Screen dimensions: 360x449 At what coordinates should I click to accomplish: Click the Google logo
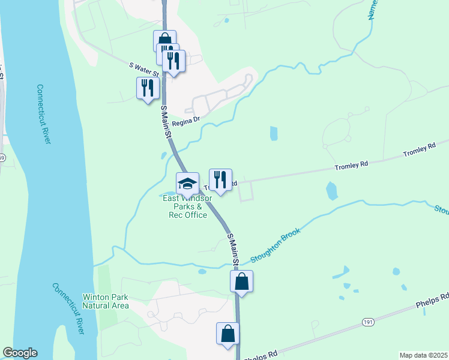(x=20, y=353)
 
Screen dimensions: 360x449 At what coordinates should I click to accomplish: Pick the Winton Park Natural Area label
(x=106, y=301)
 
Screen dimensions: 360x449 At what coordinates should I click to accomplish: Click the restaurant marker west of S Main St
(x=148, y=89)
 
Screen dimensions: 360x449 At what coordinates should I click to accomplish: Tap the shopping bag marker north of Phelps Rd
(x=228, y=335)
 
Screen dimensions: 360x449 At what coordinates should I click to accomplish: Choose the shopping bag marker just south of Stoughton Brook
(x=241, y=282)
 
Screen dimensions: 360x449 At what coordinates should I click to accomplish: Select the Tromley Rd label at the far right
(x=418, y=150)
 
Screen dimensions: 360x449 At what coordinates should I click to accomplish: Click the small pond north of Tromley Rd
(x=274, y=133)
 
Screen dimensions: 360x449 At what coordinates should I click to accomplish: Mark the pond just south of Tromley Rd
(x=332, y=191)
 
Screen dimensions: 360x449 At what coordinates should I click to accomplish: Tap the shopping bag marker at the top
(x=164, y=39)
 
